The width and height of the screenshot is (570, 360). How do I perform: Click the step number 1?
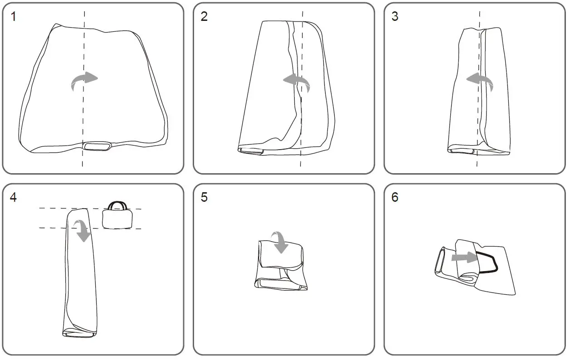[14, 16]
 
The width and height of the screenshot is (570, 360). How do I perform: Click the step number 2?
[204, 16]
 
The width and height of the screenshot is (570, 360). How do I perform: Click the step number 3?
[395, 16]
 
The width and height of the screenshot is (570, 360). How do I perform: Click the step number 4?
[13, 197]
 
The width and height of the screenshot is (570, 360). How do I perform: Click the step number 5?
[204, 197]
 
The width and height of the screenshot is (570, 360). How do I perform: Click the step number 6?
[395, 197]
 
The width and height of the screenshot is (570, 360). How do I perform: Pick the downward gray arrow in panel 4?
[83, 230]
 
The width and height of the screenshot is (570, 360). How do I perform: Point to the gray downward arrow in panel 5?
[280, 242]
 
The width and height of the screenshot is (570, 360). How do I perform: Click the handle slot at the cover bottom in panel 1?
[97, 146]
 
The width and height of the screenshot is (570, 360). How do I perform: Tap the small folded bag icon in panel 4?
[117, 215]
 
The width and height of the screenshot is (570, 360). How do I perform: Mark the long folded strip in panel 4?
[80, 273]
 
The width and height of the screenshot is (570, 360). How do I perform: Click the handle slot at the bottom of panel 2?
[251, 151]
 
